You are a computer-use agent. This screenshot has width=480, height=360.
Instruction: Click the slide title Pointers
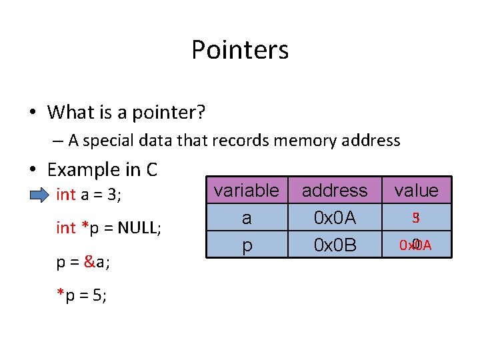tap(240, 50)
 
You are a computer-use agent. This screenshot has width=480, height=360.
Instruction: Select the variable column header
tap(246, 191)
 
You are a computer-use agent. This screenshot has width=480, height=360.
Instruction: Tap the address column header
tap(335, 191)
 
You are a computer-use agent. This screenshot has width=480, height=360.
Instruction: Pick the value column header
tap(416, 191)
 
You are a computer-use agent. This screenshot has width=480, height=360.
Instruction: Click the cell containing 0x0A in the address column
tap(335, 218)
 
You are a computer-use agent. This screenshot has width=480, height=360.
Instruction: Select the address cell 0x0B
tap(335, 245)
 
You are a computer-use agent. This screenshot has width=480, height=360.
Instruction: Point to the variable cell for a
tap(246, 218)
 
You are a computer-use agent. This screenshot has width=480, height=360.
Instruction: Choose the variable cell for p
tap(246, 245)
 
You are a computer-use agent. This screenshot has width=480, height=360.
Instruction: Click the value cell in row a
tap(415, 218)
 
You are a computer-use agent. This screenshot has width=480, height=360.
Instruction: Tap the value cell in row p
tap(415, 245)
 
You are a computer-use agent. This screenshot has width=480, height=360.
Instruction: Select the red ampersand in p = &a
tap(89, 262)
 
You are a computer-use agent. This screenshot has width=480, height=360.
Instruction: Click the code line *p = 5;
tap(81, 295)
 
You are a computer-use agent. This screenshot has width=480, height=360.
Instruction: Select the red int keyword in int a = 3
tap(66, 195)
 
